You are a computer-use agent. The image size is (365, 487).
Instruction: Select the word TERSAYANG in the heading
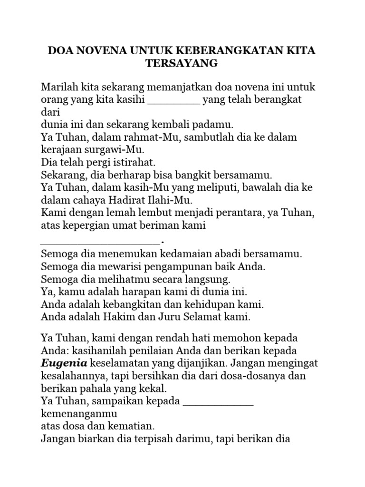182,63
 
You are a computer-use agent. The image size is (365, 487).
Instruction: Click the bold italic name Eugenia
64,364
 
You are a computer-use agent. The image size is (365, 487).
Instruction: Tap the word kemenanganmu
79,414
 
